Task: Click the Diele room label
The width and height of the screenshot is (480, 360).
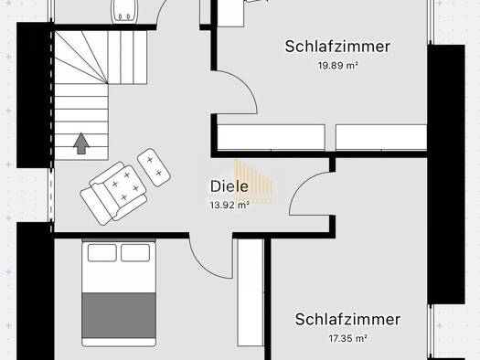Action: coord(229,186)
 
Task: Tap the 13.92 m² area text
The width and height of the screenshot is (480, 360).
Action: coord(229,205)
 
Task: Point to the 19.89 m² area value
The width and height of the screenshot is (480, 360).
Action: coord(337,65)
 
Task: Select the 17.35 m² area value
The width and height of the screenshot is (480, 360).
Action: coord(348,338)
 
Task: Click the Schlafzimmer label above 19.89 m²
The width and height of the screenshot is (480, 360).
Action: coord(337,47)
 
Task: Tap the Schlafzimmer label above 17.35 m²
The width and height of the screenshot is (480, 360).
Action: coord(347,319)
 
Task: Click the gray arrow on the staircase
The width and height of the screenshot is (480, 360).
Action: coord(81,143)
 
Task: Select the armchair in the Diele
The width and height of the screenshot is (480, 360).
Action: coord(113,193)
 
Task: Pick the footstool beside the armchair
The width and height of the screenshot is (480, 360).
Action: coord(154,167)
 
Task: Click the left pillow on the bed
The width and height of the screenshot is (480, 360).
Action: coord(101,253)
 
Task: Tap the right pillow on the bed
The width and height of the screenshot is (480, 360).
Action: coord(135,253)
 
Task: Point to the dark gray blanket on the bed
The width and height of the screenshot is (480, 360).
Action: coord(119,315)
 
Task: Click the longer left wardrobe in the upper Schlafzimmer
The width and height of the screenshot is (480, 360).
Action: coord(271,137)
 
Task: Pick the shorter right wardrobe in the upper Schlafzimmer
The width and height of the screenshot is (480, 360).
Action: coord(381,137)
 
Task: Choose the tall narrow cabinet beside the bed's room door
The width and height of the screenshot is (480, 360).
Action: coord(251,292)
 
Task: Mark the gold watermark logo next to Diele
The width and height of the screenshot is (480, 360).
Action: coord(253,182)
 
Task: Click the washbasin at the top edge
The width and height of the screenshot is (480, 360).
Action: coord(124,11)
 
